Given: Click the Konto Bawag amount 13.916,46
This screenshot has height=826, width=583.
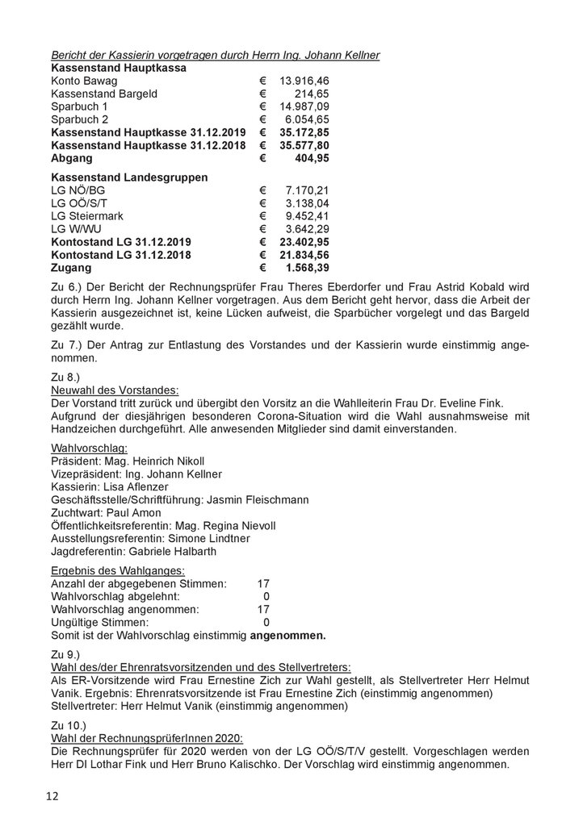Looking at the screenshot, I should coord(304,81).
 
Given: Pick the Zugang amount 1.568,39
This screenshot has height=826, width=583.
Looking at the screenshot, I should coord(304,267).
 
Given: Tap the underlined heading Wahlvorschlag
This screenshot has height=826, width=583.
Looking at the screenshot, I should coord(88,448).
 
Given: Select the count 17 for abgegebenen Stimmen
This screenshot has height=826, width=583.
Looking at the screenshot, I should coord(262,583).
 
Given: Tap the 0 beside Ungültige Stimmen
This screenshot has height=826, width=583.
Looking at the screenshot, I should coord(266,622).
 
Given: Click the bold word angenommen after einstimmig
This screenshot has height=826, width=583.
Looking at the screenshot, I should coord(288,636).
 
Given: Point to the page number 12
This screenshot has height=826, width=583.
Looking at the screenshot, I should coord(52,796).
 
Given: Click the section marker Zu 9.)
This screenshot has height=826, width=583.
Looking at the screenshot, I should coord(68,654).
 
